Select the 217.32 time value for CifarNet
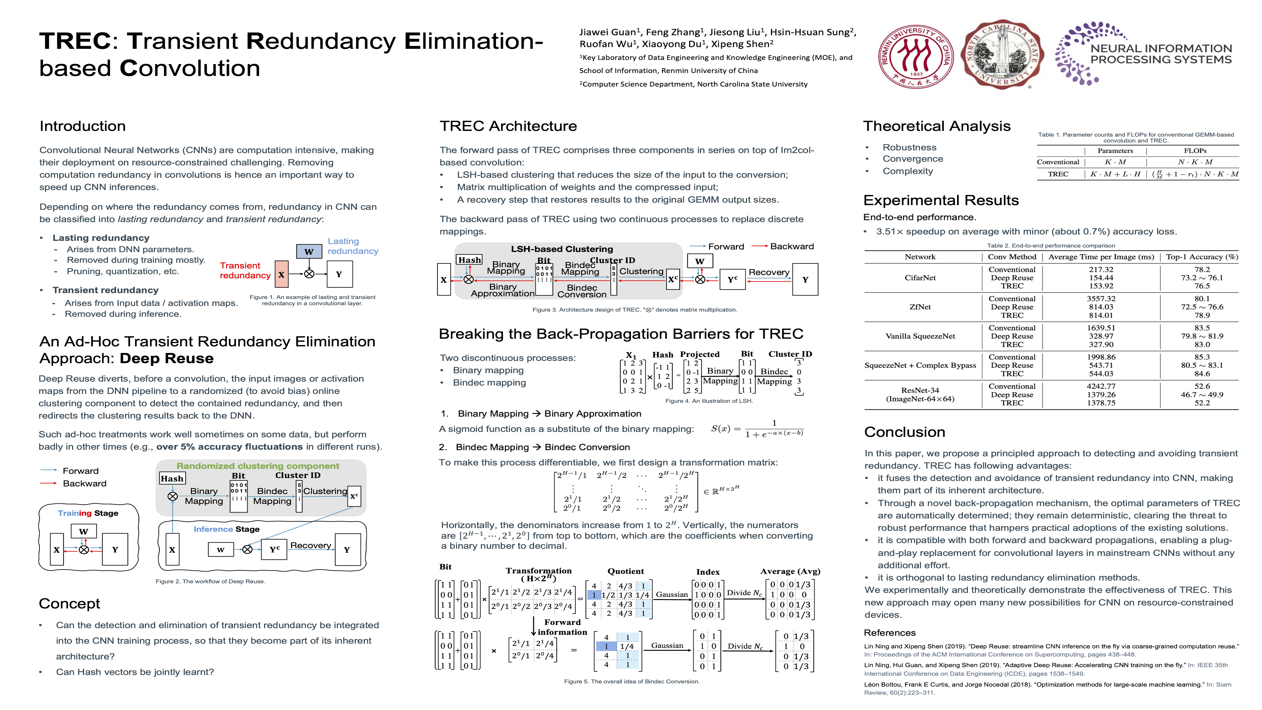pyautogui.click(x=1101, y=269)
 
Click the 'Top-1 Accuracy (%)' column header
pyautogui.click(x=1201, y=257)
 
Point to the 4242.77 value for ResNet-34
pyautogui.click(x=1101, y=386)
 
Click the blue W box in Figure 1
pyautogui.click(x=309, y=251)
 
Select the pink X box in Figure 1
pyautogui.click(x=281, y=274)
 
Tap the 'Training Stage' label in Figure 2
pyautogui.click(x=88, y=513)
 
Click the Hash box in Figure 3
pyautogui.click(x=469, y=260)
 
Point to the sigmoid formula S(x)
pyautogui.click(x=757, y=429)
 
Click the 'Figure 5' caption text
pyautogui.click(x=631, y=681)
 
